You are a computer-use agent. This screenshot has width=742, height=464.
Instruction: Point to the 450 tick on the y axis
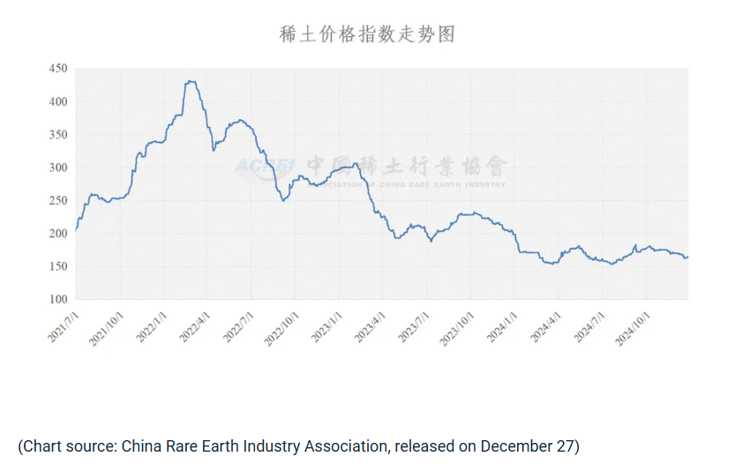coord(57,69)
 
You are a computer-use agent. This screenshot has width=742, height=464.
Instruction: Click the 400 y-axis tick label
coord(57,101)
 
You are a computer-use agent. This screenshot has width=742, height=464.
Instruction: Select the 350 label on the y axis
coord(57,135)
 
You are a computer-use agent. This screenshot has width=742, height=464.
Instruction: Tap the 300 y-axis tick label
coord(57,168)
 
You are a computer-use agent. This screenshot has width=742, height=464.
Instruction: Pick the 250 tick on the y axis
coord(57,200)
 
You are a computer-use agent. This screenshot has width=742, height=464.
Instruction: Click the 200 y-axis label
coord(57,234)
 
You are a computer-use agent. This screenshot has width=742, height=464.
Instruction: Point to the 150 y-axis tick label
coord(57,266)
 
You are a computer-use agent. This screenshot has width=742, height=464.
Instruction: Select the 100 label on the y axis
coord(57,300)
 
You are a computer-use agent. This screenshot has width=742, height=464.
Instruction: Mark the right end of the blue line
coord(688,257)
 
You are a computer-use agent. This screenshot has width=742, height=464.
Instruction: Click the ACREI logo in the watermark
coord(263,167)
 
